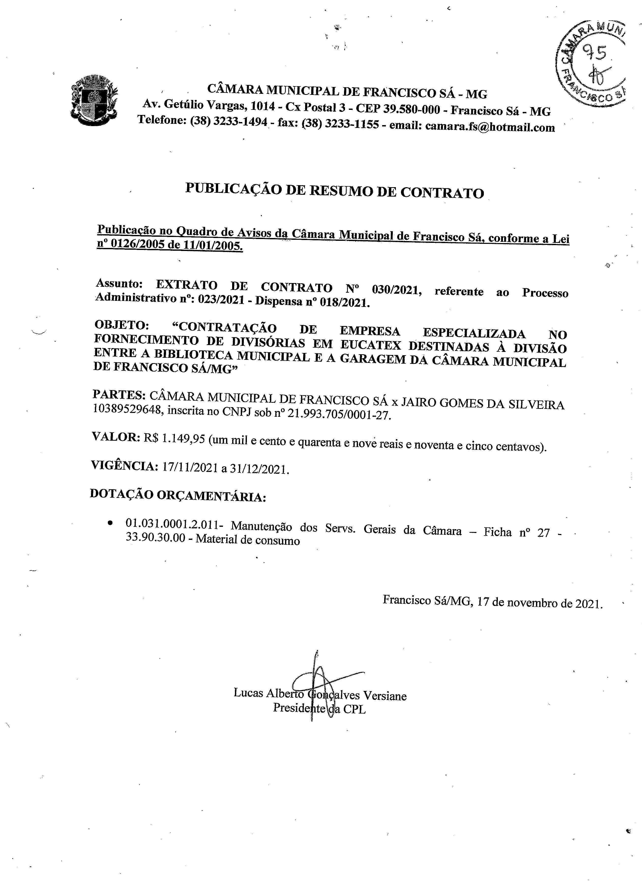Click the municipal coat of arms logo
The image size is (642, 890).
[94, 100]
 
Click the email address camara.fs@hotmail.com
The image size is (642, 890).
[490, 127]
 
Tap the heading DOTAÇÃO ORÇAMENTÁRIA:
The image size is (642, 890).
[178, 496]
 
